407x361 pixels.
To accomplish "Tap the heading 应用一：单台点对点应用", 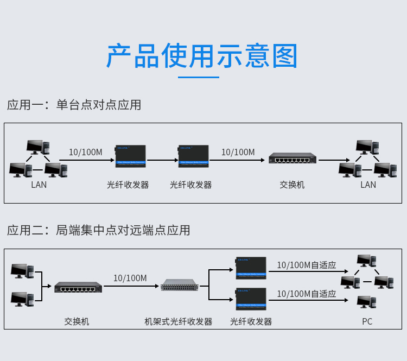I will [74, 105].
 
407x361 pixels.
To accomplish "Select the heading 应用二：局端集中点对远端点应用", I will [99, 230].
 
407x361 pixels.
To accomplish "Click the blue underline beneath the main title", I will [199, 77].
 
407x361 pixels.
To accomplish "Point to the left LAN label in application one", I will [39, 185].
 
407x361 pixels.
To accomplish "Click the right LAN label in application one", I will [368, 185].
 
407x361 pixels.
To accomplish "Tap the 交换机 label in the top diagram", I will [292, 185].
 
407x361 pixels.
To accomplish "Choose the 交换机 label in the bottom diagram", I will [77, 321].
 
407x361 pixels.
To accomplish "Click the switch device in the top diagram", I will [292, 159].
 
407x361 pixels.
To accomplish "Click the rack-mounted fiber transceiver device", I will [180, 284].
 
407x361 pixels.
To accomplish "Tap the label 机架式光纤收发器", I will [179, 321].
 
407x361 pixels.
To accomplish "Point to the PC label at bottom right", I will [367, 321].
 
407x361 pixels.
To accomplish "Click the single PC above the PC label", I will [367, 302].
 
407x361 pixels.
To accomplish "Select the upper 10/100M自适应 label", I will [307, 265].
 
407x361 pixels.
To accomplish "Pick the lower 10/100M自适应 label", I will [307, 294].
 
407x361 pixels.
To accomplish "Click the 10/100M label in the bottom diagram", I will [130, 278].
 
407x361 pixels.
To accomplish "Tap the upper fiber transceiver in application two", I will [251, 268].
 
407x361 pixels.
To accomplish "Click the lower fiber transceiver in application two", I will [251, 299].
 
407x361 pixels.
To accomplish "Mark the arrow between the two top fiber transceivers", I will [163, 160].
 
